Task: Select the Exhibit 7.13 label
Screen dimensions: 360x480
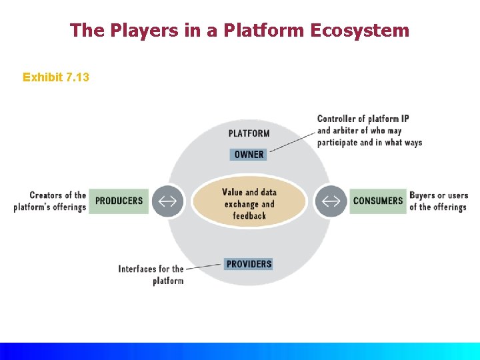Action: coord(56,77)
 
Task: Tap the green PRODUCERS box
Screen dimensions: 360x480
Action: coord(119,201)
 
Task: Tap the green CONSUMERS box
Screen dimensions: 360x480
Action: coord(377,201)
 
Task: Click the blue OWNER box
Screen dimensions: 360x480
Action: coord(249,155)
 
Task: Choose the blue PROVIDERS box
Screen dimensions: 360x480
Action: coord(249,264)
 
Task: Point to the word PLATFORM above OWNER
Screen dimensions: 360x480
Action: coord(249,133)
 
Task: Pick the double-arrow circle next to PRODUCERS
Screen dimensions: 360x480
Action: coord(167,201)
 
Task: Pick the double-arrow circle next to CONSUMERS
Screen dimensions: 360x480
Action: coord(331,201)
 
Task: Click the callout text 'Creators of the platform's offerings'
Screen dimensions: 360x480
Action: coord(51,201)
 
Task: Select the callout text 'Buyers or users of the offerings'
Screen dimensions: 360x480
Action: coord(438,201)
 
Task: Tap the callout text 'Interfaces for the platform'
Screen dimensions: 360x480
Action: coord(151,275)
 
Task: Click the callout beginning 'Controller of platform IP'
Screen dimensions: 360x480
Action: coord(369,130)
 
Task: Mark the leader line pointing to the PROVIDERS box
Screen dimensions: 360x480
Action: coord(203,267)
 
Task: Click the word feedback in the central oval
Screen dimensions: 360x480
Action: coord(249,216)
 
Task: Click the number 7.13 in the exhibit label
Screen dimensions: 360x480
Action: coord(77,77)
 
